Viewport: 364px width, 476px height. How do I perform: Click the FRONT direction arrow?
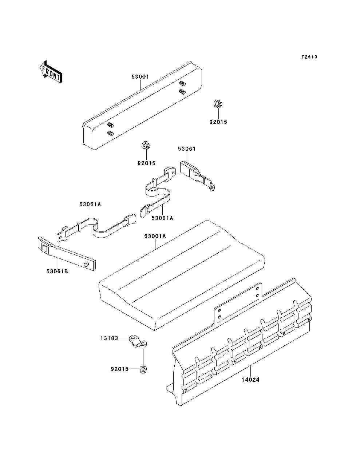point(50,72)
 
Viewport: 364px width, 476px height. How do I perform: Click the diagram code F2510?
point(309,57)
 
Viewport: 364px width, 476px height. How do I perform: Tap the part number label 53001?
point(140,77)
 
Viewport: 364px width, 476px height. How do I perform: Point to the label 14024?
point(250,380)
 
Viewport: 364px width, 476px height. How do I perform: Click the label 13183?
point(109,338)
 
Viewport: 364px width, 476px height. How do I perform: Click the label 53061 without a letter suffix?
point(187,149)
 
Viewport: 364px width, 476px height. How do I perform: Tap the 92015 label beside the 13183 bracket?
point(119,369)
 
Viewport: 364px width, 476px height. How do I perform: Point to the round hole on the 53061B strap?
point(86,264)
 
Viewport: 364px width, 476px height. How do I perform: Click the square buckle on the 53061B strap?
point(44,249)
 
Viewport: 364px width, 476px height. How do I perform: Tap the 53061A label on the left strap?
point(90,205)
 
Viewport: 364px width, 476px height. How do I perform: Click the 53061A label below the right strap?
point(162,218)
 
